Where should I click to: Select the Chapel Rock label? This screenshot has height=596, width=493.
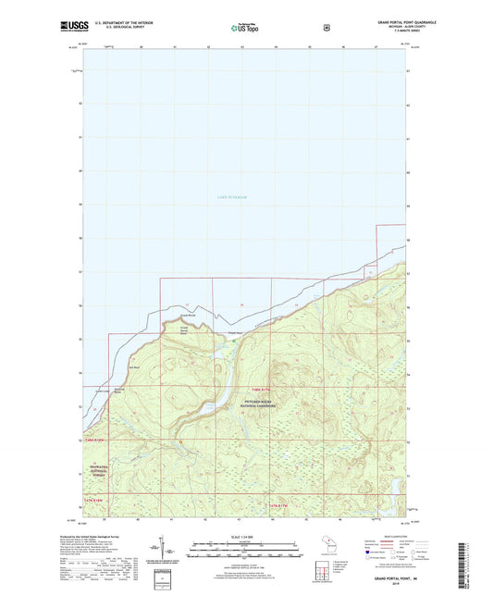[236, 334]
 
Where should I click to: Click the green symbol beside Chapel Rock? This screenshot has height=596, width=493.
[234, 340]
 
